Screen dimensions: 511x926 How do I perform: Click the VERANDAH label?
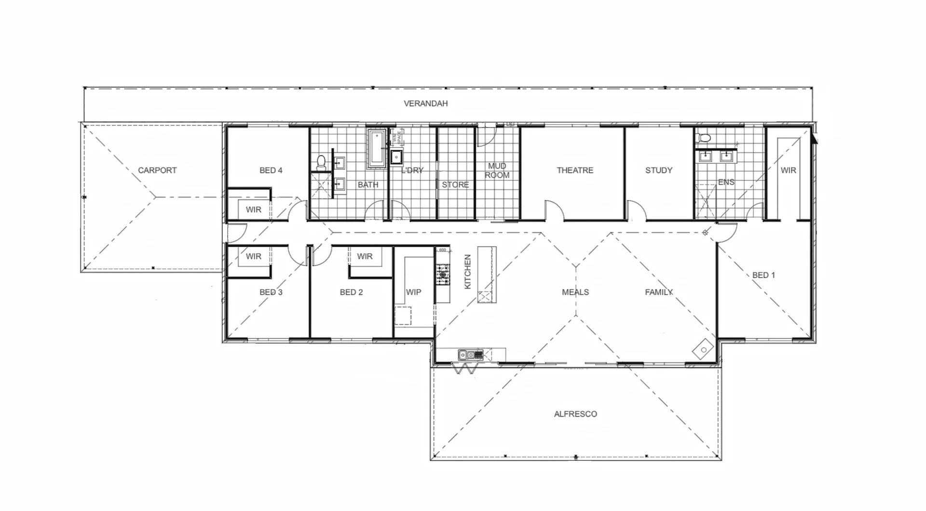click(x=425, y=103)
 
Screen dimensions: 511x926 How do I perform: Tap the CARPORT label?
click(x=157, y=170)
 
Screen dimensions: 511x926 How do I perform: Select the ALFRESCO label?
click(x=575, y=414)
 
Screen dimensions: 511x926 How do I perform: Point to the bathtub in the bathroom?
click(x=377, y=148)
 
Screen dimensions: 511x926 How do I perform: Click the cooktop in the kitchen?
click(x=443, y=275)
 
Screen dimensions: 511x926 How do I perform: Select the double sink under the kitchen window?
click(x=470, y=355)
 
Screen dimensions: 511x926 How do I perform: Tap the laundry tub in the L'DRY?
click(x=396, y=157)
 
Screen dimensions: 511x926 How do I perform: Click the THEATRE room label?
click(x=575, y=170)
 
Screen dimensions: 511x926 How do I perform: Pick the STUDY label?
click(x=659, y=170)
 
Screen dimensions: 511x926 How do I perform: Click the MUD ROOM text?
click(x=497, y=170)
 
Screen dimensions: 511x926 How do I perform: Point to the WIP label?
click(x=413, y=292)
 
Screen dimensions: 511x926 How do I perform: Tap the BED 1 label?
click(x=763, y=275)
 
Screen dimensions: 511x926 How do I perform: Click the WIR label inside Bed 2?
click(x=365, y=256)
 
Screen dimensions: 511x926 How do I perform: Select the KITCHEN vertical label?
click(x=467, y=272)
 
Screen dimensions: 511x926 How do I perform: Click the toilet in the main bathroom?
click(x=321, y=163)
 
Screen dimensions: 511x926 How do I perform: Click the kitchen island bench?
click(x=487, y=275)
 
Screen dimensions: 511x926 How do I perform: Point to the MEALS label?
click(x=575, y=292)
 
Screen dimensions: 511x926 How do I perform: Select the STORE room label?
click(x=455, y=185)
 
